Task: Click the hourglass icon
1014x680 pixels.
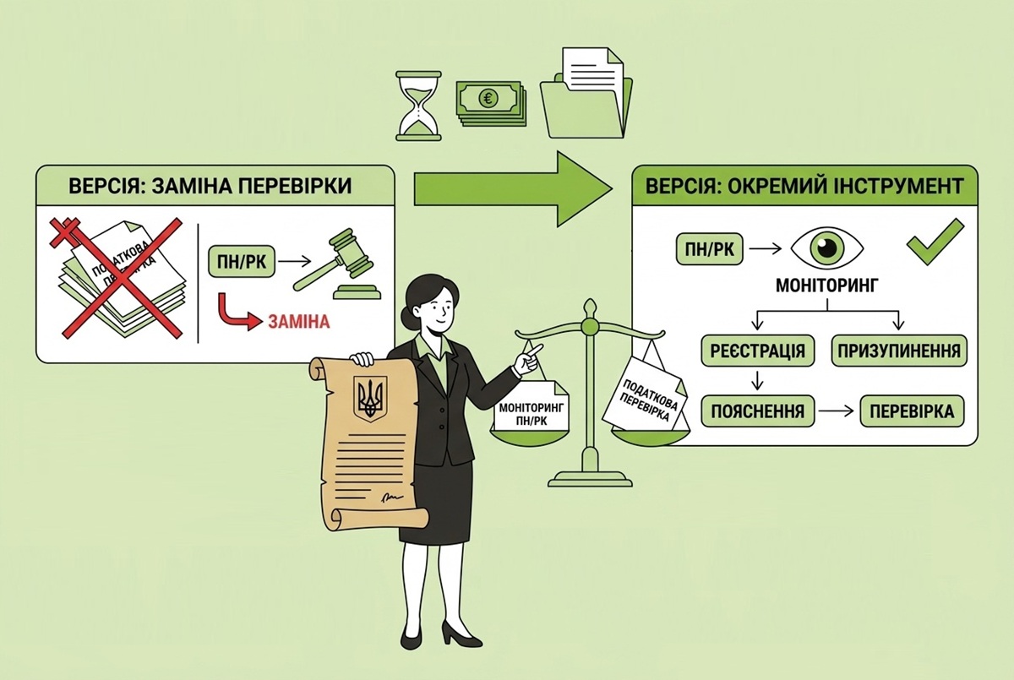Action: coord(418,106)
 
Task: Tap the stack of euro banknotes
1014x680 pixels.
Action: coord(491,103)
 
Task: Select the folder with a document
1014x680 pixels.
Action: coord(586,93)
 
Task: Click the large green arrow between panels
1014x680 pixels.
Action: coord(514,188)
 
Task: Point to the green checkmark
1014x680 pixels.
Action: coord(935,242)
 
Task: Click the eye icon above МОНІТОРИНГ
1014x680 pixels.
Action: coord(827,248)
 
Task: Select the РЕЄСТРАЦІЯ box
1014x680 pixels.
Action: coord(757,351)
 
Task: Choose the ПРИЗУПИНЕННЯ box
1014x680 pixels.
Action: coord(899,351)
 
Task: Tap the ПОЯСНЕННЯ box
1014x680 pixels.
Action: coord(757,411)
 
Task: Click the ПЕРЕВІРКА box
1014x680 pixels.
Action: coord(912,411)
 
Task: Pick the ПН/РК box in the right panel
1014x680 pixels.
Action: coord(709,249)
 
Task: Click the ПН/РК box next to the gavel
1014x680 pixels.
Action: coord(242,262)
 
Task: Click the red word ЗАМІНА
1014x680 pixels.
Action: coord(299,322)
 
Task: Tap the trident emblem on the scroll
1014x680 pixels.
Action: coord(370,398)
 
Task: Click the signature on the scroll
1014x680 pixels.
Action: coord(390,498)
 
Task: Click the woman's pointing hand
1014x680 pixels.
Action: coord(529,357)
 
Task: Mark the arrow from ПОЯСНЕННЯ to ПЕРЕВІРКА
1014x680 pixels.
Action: coord(837,411)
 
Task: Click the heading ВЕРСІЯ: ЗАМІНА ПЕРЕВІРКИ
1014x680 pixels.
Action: coord(210,186)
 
